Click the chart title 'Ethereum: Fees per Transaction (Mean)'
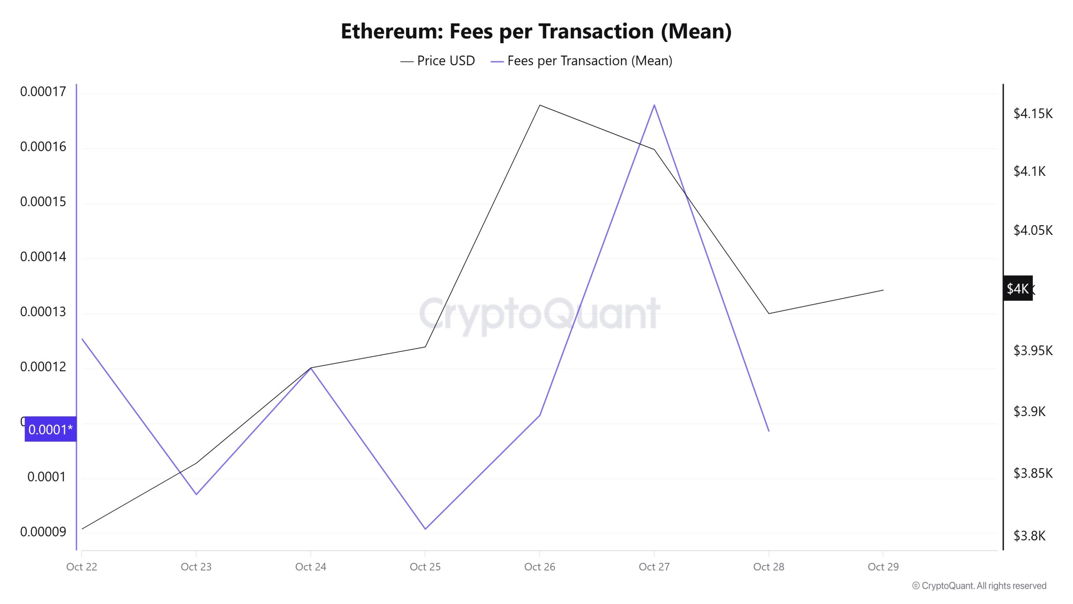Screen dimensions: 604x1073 click(536, 31)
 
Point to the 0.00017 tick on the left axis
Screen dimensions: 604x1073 click(43, 91)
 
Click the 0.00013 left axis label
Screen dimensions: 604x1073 click(43, 312)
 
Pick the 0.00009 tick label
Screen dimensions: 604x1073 click(43, 532)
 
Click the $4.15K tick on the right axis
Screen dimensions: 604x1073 click(1033, 114)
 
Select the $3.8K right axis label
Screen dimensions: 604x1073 click(1029, 536)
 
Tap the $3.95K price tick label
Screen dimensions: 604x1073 click(1033, 350)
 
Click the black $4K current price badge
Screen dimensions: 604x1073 click(1018, 289)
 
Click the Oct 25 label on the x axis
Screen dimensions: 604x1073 click(425, 567)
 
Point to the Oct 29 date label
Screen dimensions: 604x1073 click(883, 567)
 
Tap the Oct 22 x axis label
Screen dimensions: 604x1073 click(82, 567)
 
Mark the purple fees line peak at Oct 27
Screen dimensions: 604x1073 click(654, 105)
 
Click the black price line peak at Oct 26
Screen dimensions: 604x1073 click(540, 105)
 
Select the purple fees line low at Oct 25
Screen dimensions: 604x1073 click(425, 529)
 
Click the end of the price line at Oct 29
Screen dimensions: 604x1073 click(883, 290)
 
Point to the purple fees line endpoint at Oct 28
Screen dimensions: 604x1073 click(769, 431)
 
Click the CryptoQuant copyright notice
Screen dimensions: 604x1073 click(979, 586)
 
